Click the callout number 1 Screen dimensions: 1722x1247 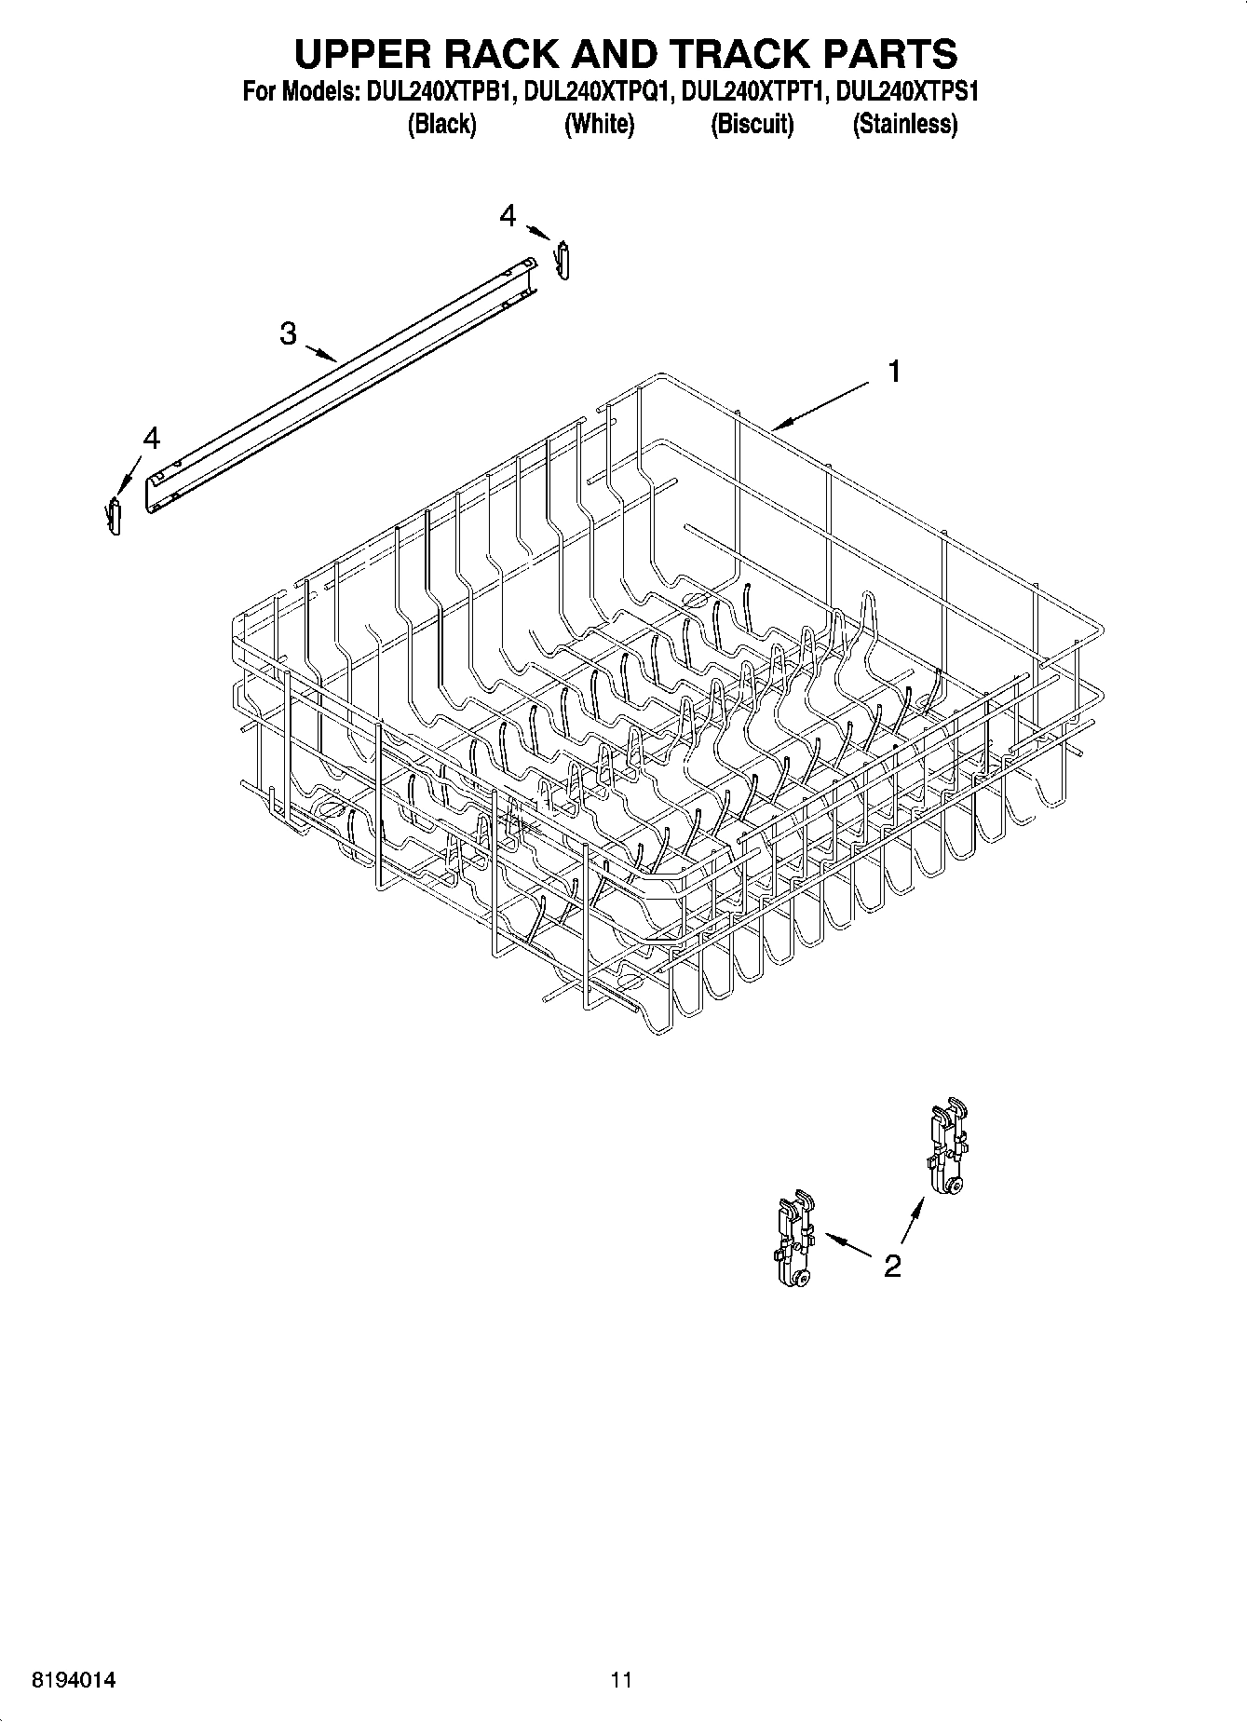click(894, 373)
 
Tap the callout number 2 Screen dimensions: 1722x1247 click(892, 1266)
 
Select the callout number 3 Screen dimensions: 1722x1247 click(289, 332)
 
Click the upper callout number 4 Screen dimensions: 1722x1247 click(508, 216)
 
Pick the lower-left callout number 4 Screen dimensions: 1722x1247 click(151, 438)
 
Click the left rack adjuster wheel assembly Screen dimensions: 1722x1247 click(792, 1242)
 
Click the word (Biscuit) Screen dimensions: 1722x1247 click(752, 124)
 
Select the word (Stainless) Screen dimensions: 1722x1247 click(904, 124)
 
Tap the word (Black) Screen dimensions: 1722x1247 click(441, 124)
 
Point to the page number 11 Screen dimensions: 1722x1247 click(621, 1680)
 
